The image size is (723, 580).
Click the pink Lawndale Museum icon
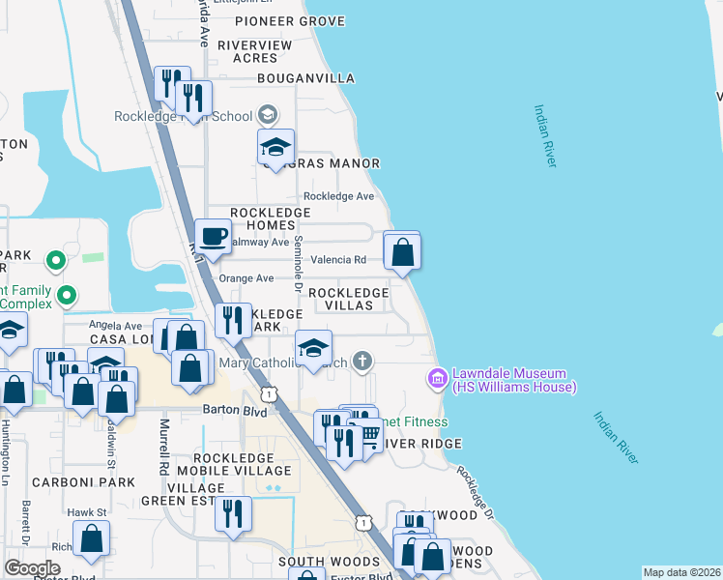pyautogui.click(x=438, y=376)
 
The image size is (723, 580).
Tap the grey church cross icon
pyautogui.click(x=362, y=362)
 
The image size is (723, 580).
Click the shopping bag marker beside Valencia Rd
pyautogui.click(x=403, y=254)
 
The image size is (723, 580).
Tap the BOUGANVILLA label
pyautogui.click(x=305, y=78)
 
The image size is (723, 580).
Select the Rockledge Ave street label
pyautogui.click(x=338, y=196)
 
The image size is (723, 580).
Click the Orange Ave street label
pyautogui.click(x=246, y=278)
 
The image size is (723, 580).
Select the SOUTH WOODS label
pyautogui.click(x=329, y=562)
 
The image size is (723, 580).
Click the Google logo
pyautogui.click(x=32, y=568)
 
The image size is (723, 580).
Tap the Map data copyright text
pyautogui.click(x=681, y=572)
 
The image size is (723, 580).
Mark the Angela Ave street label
pyautogui.click(x=115, y=326)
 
